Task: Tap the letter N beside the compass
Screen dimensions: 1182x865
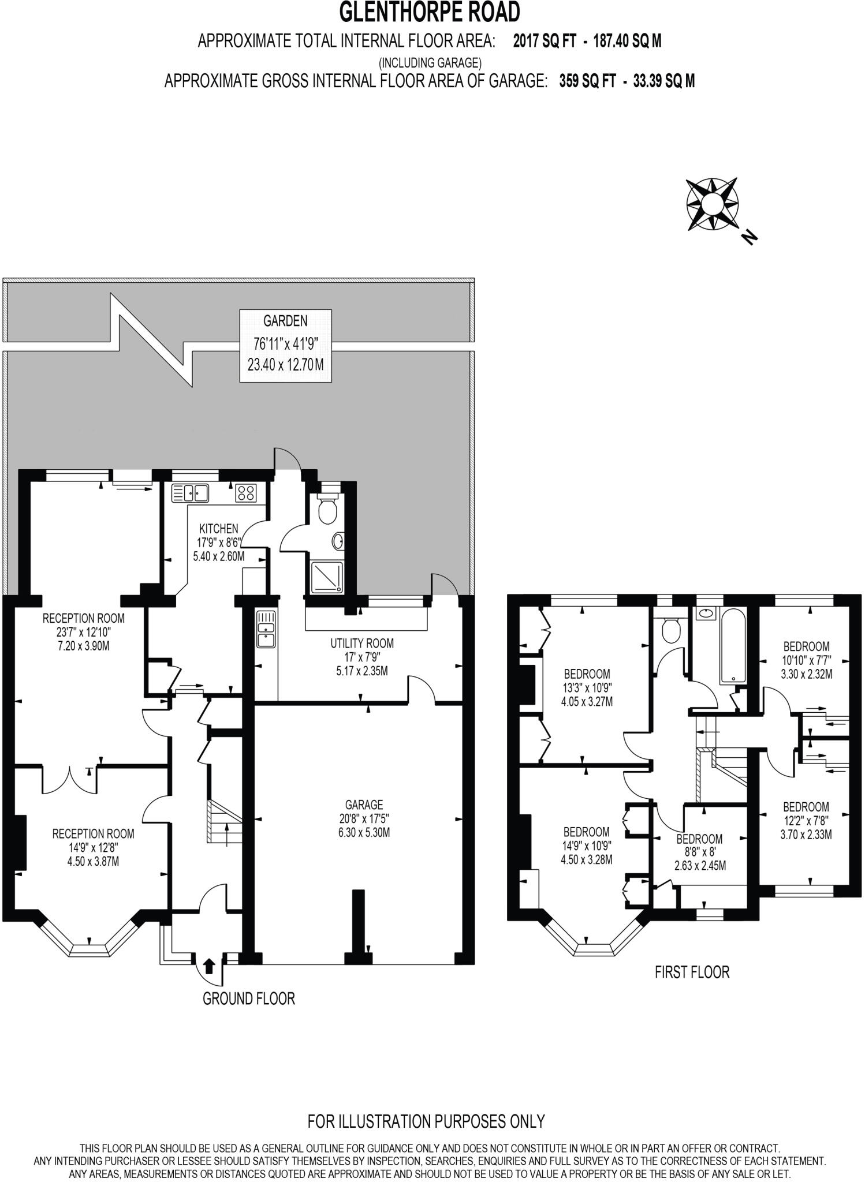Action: pos(749,237)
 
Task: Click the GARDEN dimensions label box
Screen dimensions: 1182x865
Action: pos(286,345)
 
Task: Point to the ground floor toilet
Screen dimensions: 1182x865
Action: pos(327,508)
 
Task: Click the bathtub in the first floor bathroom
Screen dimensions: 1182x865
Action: pos(732,645)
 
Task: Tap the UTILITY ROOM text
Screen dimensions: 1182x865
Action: pos(362,643)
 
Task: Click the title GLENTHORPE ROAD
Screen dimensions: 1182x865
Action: pos(430,12)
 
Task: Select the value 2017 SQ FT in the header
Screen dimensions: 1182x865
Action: pos(544,42)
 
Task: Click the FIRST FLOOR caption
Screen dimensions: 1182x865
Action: pos(692,972)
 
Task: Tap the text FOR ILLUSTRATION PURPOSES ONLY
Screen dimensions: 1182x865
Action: pos(426,1121)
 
